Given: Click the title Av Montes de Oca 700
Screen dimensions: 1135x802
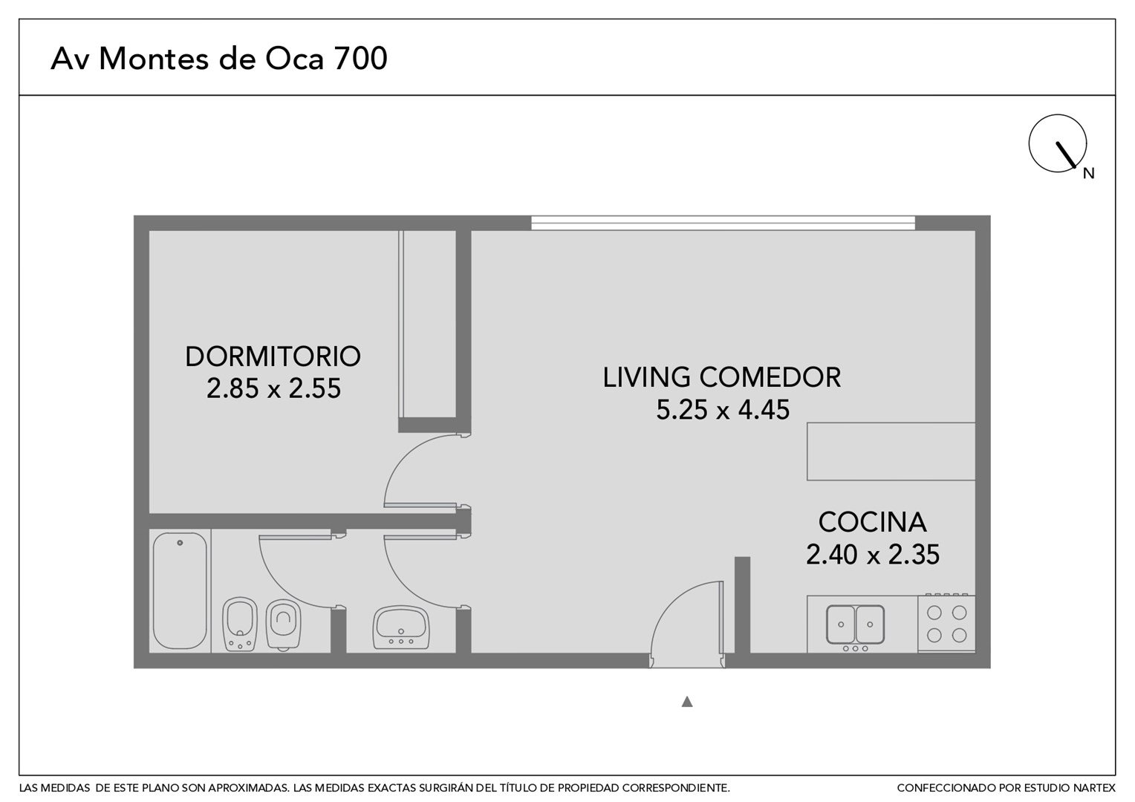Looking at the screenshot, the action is tap(219, 58).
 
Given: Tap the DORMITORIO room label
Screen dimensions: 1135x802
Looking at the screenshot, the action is tap(273, 356).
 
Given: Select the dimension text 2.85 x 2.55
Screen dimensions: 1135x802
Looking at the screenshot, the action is tap(273, 388).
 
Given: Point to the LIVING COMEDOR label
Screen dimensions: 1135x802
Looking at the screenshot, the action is tap(722, 377).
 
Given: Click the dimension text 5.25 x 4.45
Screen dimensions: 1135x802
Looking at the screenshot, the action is tap(723, 410).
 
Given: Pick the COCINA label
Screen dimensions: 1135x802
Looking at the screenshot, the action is tap(873, 522).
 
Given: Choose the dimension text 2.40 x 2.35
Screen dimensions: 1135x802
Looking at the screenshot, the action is tap(873, 554).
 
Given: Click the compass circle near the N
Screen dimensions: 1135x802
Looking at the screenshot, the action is tap(1058, 143).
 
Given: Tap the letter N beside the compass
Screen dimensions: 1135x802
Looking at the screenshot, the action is tap(1088, 174).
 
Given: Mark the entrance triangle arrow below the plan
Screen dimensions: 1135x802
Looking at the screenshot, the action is tap(687, 702).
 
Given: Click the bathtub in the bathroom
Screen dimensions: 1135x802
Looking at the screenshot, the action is tap(180, 590).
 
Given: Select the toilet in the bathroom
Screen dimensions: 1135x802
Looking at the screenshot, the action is tap(283, 625).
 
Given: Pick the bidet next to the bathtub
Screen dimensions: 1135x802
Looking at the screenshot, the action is tap(240, 625).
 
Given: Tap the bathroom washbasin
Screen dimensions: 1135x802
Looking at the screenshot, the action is tap(401, 627).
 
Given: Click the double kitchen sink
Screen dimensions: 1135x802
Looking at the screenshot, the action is tap(855, 625).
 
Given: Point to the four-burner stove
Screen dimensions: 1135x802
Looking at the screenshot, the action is tap(946, 624).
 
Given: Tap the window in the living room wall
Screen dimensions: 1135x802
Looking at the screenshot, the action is tap(723, 223).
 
